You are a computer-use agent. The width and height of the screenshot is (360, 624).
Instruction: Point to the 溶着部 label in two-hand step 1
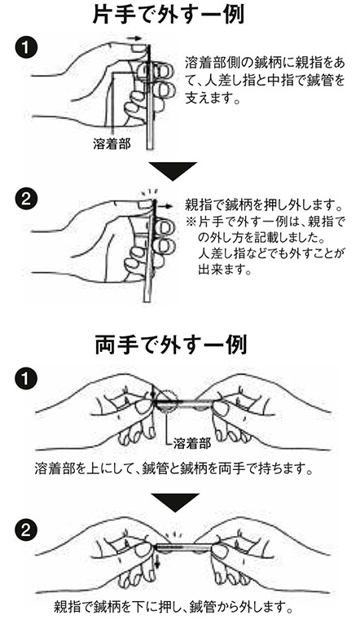[x=192, y=444]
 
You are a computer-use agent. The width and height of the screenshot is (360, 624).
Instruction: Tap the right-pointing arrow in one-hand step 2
[x=165, y=208]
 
